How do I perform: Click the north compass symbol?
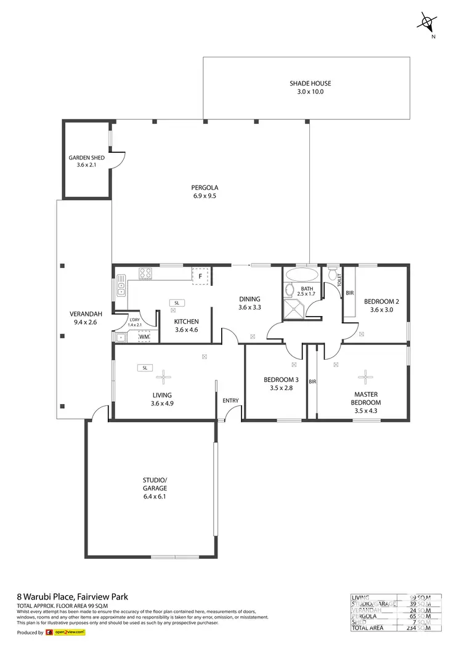426,23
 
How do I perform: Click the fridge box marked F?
200,277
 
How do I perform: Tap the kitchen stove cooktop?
146,272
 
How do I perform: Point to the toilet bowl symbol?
333,275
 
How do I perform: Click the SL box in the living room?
145,368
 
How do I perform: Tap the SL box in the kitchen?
176,303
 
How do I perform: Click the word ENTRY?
230,401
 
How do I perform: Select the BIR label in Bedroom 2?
349,294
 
